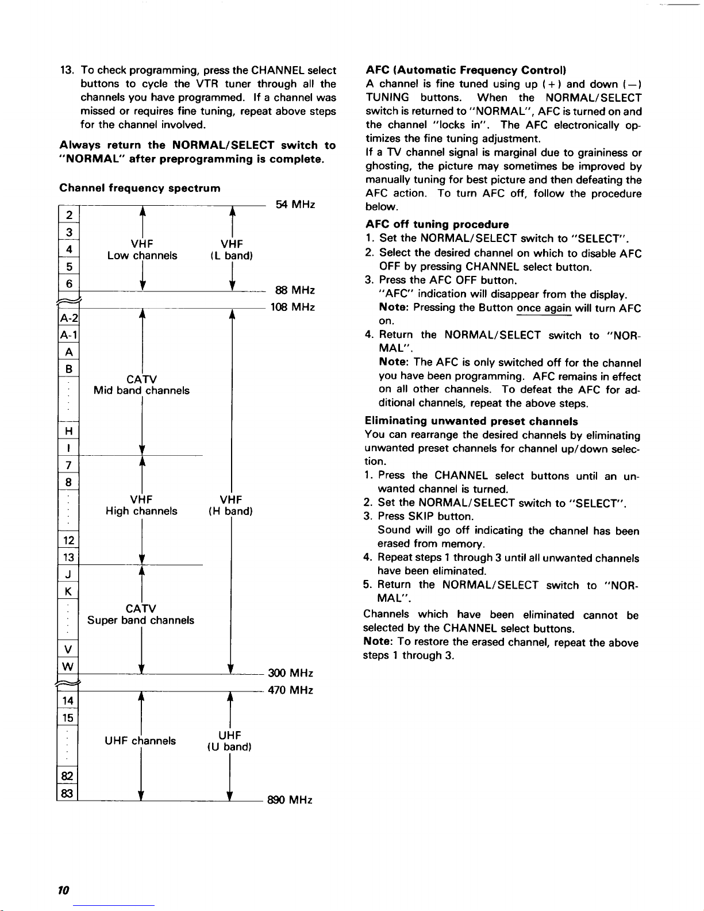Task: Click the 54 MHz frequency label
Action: coord(295,205)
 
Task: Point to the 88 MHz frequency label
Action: coord(295,291)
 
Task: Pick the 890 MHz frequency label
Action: coord(290,799)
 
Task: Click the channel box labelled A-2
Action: coord(68,318)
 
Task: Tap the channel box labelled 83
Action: coord(68,793)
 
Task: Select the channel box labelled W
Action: coord(68,667)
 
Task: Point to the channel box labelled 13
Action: coord(68,557)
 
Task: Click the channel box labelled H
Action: coord(68,431)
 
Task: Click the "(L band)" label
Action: coord(231,256)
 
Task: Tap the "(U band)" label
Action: coord(229,747)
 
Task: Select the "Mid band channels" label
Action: coord(141,391)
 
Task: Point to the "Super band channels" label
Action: coord(141,621)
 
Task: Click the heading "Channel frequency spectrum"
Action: coord(140,189)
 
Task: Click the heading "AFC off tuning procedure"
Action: coord(437,224)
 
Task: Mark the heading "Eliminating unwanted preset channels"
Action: coord(471,421)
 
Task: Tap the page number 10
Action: coord(64,890)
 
